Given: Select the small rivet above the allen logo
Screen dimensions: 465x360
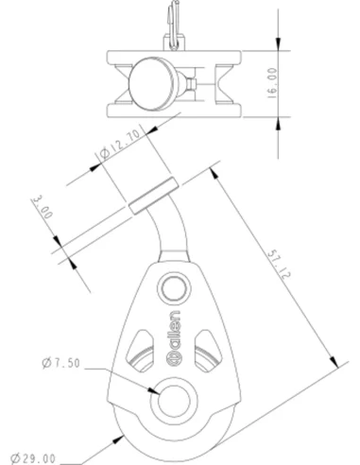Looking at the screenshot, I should [173, 288].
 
